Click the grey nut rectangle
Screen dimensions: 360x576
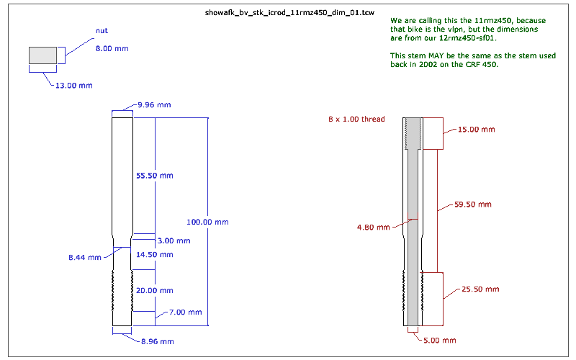tap(42, 55)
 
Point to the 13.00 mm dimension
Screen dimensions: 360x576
tap(74, 86)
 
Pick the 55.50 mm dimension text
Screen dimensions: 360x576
tap(155, 176)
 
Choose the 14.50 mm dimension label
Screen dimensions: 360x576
tap(155, 254)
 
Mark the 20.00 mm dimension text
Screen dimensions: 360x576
tap(155, 290)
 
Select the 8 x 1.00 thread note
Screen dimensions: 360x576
tap(356, 119)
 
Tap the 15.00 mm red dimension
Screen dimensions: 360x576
tap(477, 130)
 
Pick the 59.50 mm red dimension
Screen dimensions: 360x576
tap(474, 204)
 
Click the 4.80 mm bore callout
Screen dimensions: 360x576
tap(373, 227)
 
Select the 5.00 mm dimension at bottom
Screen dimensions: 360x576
tap(439, 340)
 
